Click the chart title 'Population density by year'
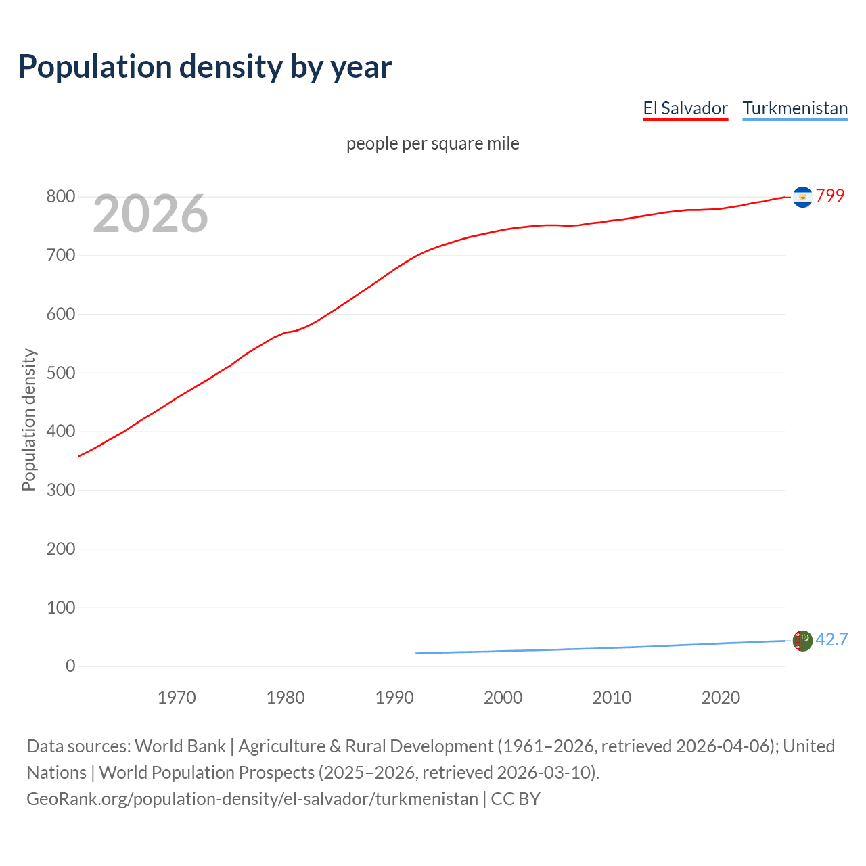coord(205,67)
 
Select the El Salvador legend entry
coord(685,108)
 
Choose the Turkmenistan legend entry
coord(795,108)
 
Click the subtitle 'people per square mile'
coord(432,143)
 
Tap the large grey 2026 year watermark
coord(150,214)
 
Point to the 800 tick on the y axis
coord(60,197)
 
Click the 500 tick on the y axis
coord(60,373)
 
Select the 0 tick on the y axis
coord(70,666)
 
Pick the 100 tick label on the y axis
coord(60,608)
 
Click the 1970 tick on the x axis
coord(177,698)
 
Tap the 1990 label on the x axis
coord(394,698)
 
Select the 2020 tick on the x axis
coord(721,698)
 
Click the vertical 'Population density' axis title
coord(28,419)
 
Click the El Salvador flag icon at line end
coord(802,197)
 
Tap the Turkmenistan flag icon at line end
coord(802,641)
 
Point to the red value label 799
coord(830,196)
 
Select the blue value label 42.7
coord(831,639)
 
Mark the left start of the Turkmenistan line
coord(417,653)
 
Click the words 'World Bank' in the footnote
coord(180,746)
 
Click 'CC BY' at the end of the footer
coord(516,798)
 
